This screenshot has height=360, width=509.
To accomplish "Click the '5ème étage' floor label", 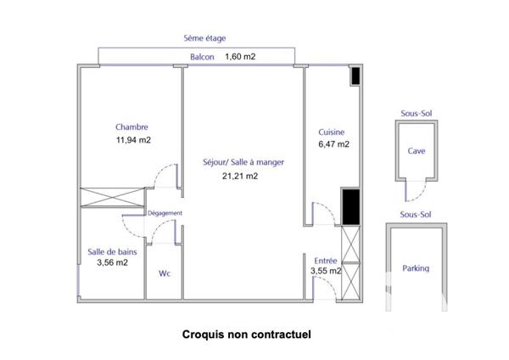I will pos(204,38).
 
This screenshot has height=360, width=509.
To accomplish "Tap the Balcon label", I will pos(202,58).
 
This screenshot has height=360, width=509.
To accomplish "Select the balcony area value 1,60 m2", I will pos(240,58).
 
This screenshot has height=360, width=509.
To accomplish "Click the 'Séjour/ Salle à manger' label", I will pos(243,162).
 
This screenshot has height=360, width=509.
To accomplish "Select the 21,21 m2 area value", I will pos(239,177).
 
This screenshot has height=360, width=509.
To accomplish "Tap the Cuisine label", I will pos(332,132).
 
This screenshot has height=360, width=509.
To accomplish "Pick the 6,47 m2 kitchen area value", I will pos(333,144).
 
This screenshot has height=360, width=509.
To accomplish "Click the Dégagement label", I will pos(165,214).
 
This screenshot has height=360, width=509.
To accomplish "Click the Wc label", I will pos(165,273).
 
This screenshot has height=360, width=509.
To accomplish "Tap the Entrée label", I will pos(327,260).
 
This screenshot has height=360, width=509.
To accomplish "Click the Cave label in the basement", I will pos(417,150).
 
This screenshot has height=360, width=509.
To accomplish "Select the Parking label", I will pos(416,268).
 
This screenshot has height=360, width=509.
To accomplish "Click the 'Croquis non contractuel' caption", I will pos(247,334).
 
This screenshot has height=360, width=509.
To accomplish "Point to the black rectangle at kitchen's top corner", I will pos(355,76).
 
